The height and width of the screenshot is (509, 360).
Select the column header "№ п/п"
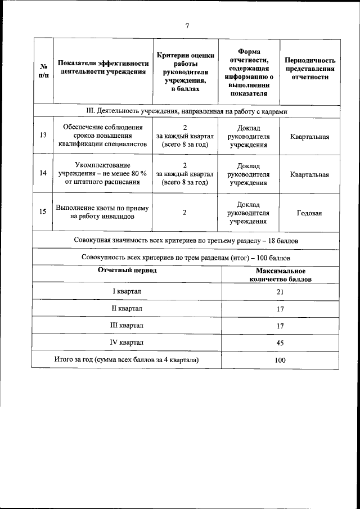coord(43,71)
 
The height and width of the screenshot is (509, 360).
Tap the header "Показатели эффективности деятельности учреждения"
coord(103,67)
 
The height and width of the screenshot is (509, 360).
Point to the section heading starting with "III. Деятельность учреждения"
coord(186,111)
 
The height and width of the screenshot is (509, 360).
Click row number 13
coord(43,136)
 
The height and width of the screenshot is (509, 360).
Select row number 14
coord(43,174)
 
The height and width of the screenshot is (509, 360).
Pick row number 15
coord(43,212)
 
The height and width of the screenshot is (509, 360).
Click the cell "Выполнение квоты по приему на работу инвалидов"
coord(103,212)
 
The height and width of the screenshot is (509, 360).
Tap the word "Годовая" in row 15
coord(310,213)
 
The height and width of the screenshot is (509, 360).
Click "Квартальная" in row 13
coord(310,137)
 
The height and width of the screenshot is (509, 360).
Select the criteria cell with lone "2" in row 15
coord(184,212)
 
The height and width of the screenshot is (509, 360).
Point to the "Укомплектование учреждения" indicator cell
coord(103,174)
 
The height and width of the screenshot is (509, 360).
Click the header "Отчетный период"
coord(127,271)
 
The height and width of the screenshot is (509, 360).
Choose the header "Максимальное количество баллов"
coord(280,275)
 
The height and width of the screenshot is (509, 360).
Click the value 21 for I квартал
coord(280,292)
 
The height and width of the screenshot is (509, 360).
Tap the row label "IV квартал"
coord(127,342)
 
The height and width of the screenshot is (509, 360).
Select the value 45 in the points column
coord(280,343)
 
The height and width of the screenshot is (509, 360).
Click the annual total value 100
coord(280,360)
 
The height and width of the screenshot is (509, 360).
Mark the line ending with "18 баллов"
coord(186,241)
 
